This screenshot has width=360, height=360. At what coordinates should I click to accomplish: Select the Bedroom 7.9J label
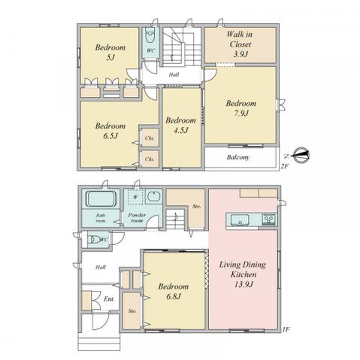pyautogui.click(x=241, y=109)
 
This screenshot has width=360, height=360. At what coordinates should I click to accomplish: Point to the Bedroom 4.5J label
pyautogui.click(x=180, y=125)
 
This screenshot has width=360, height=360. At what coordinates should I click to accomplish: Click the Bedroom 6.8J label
pyautogui.click(x=174, y=292)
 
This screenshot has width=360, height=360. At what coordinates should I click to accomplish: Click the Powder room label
pyautogui.click(x=136, y=219)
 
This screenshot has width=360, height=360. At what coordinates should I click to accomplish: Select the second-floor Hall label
pyautogui.click(x=174, y=74)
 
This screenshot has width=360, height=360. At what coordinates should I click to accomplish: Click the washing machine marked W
pyautogui.click(x=135, y=198)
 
